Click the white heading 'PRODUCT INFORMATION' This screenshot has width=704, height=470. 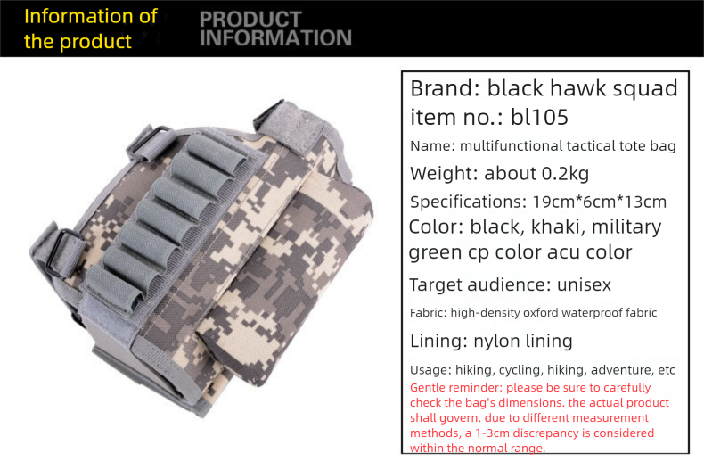click(x=275, y=29)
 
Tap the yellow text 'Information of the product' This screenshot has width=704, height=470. click(x=89, y=29)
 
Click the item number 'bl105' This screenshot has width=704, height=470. click(x=539, y=117)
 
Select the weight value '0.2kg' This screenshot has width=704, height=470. click(x=565, y=173)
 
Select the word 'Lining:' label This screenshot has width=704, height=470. click(x=441, y=341)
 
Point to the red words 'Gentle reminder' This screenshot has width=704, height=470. click(x=452, y=388)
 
